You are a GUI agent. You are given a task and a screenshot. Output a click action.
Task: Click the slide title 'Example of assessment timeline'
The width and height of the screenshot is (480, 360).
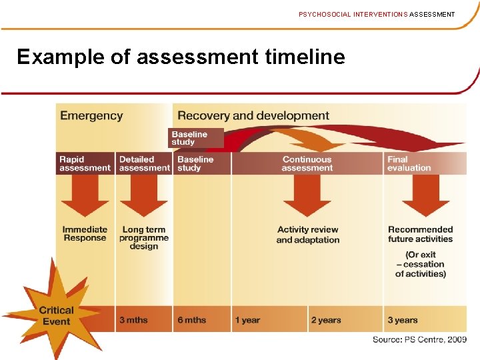(x=181, y=57)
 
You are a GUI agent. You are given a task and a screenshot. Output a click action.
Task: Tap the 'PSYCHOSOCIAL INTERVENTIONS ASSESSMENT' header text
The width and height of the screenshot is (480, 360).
(x=377, y=14)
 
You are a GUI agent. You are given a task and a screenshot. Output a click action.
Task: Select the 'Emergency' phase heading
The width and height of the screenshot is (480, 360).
(x=91, y=115)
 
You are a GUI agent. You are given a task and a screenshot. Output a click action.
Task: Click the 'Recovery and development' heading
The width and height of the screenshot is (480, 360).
(x=253, y=115)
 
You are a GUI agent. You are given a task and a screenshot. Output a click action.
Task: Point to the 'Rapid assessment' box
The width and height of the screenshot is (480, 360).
(x=85, y=164)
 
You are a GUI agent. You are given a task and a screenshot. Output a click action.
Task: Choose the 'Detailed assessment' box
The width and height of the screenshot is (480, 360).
(x=144, y=164)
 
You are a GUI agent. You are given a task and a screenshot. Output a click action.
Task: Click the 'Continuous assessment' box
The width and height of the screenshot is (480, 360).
(x=307, y=164)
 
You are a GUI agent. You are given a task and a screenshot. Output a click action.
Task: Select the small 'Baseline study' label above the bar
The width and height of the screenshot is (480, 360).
(x=190, y=138)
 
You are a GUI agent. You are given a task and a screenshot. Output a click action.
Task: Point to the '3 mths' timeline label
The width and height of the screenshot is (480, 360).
(x=133, y=320)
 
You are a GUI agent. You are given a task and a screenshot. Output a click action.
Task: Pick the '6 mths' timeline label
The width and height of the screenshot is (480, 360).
(x=192, y=320)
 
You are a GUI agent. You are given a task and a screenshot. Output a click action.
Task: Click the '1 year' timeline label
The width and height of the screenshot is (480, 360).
(x=247, y=320)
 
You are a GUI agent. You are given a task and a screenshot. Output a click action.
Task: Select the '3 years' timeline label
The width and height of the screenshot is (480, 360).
(x=403, y=320)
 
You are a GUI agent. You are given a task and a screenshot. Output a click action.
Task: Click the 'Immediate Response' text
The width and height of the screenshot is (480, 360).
(x=85, y=234)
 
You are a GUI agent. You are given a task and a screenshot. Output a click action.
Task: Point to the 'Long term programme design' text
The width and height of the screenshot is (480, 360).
(x=144, y=238)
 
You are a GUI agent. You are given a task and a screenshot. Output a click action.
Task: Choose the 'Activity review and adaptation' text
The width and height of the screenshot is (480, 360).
(x=308, y=235)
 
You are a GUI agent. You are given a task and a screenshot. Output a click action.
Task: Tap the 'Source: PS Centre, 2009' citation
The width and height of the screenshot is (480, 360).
(x=419, y=339)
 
